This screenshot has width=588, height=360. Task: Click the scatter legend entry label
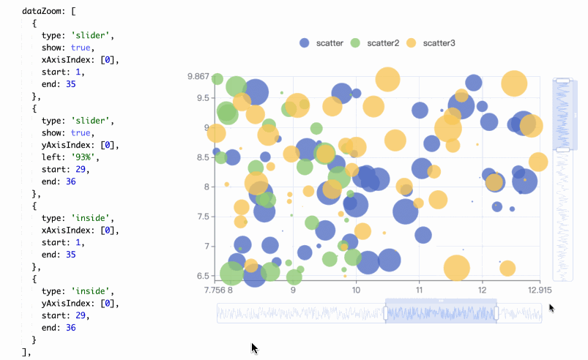tap(330, 43)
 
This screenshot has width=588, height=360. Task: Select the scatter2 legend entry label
tap(383, 43)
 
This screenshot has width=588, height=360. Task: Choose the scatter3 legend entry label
tap(439, 43)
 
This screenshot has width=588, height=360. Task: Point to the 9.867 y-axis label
tap(198, 77)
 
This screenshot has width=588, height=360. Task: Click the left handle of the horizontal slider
tap(386, 313)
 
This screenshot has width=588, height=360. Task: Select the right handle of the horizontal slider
tap(497, 313)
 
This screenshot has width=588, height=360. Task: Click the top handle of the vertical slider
tap(562, 80)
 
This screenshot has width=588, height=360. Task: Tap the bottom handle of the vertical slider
tap(562, 149)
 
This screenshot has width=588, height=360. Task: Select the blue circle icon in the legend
tap(305, 43)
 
